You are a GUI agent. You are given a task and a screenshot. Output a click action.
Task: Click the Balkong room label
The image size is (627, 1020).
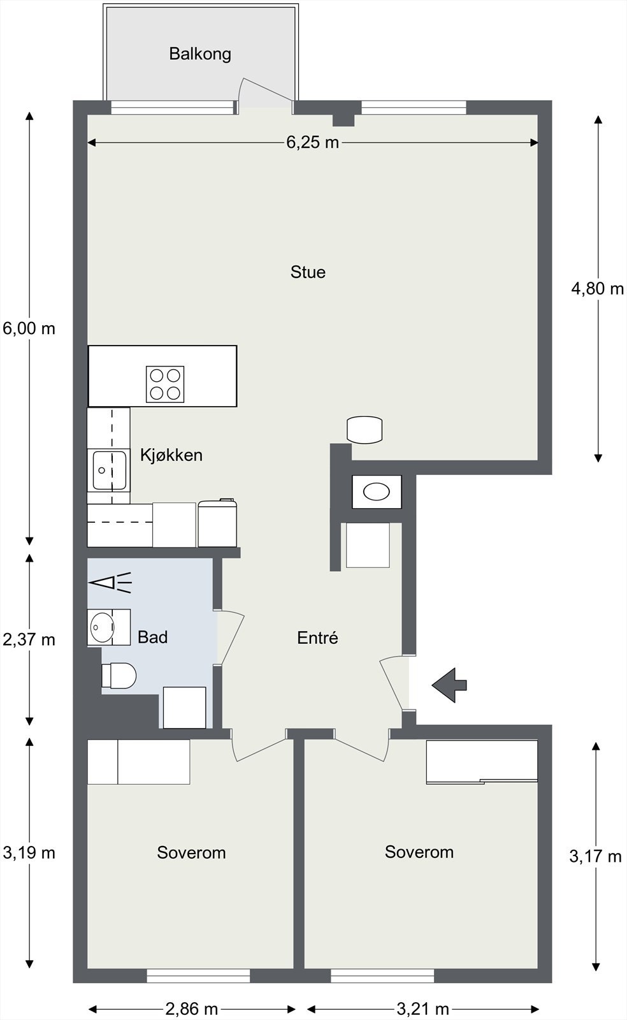coord(200,54)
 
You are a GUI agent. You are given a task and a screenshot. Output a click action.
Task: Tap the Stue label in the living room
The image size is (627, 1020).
coord(308,272)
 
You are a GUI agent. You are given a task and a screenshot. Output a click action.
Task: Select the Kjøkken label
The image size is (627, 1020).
coord(171,455)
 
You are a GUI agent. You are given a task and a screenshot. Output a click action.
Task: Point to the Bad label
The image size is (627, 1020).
coord(152,637)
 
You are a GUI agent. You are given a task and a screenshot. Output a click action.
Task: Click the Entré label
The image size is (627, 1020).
coord(317,637)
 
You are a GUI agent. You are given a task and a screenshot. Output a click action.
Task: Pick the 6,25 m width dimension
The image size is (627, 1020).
coord(313,143)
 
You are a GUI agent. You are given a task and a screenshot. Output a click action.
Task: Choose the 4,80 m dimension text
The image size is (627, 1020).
coord(598,288)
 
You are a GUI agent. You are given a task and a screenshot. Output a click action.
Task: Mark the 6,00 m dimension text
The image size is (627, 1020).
coord(29,328)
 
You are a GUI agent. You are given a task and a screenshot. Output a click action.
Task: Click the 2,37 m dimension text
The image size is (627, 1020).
coord(29,640)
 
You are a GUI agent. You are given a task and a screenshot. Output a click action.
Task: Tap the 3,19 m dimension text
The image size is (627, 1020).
coord(29,852)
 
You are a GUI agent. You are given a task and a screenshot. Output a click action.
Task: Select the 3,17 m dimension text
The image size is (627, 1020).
coord(596,857)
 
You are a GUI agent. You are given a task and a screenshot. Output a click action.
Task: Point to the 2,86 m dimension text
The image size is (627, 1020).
coord(192,1009)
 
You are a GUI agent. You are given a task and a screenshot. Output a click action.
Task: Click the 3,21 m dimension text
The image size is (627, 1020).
coord(423,1009)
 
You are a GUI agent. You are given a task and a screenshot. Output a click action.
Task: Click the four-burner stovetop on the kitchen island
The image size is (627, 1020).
coord(165,384)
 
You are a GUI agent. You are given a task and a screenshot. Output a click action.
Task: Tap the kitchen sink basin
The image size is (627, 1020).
coord(109,470)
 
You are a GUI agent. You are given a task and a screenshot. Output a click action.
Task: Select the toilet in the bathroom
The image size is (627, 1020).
coord(119,675)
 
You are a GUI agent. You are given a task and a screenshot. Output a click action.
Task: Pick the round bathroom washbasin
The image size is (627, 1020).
coord(102,627)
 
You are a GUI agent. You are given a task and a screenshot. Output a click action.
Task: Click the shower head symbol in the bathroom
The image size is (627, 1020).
coord(110,583)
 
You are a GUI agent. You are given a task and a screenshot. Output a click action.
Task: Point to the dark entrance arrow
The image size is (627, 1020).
coord(450,685)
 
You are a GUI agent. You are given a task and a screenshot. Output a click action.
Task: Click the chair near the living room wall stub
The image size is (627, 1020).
coord(364,430)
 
